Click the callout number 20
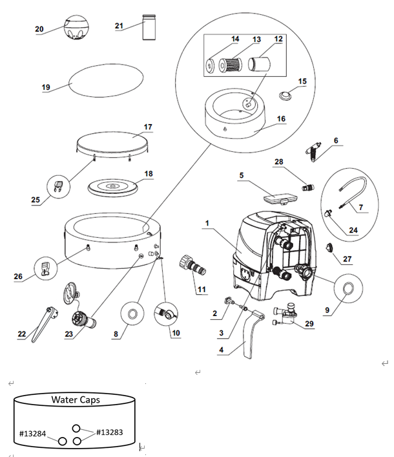coord(39,29)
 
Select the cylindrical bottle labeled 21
coord(149,27)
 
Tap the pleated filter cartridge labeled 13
coord(230,65)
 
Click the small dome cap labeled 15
coord(285,95)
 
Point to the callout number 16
coord(281,119)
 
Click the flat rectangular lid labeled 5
coord(280,198)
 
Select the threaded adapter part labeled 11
coord(192,264)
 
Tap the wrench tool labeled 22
coord(44,323)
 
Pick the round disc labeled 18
coord(112,187)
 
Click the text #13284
coord(32,434)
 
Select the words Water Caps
coord(76,399)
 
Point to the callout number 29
coord(309,323)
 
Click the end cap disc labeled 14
coord(210,65)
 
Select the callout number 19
coord(46,87)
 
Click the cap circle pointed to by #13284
coord(62,441)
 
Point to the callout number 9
coord(327,310)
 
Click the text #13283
coord(110,432)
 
